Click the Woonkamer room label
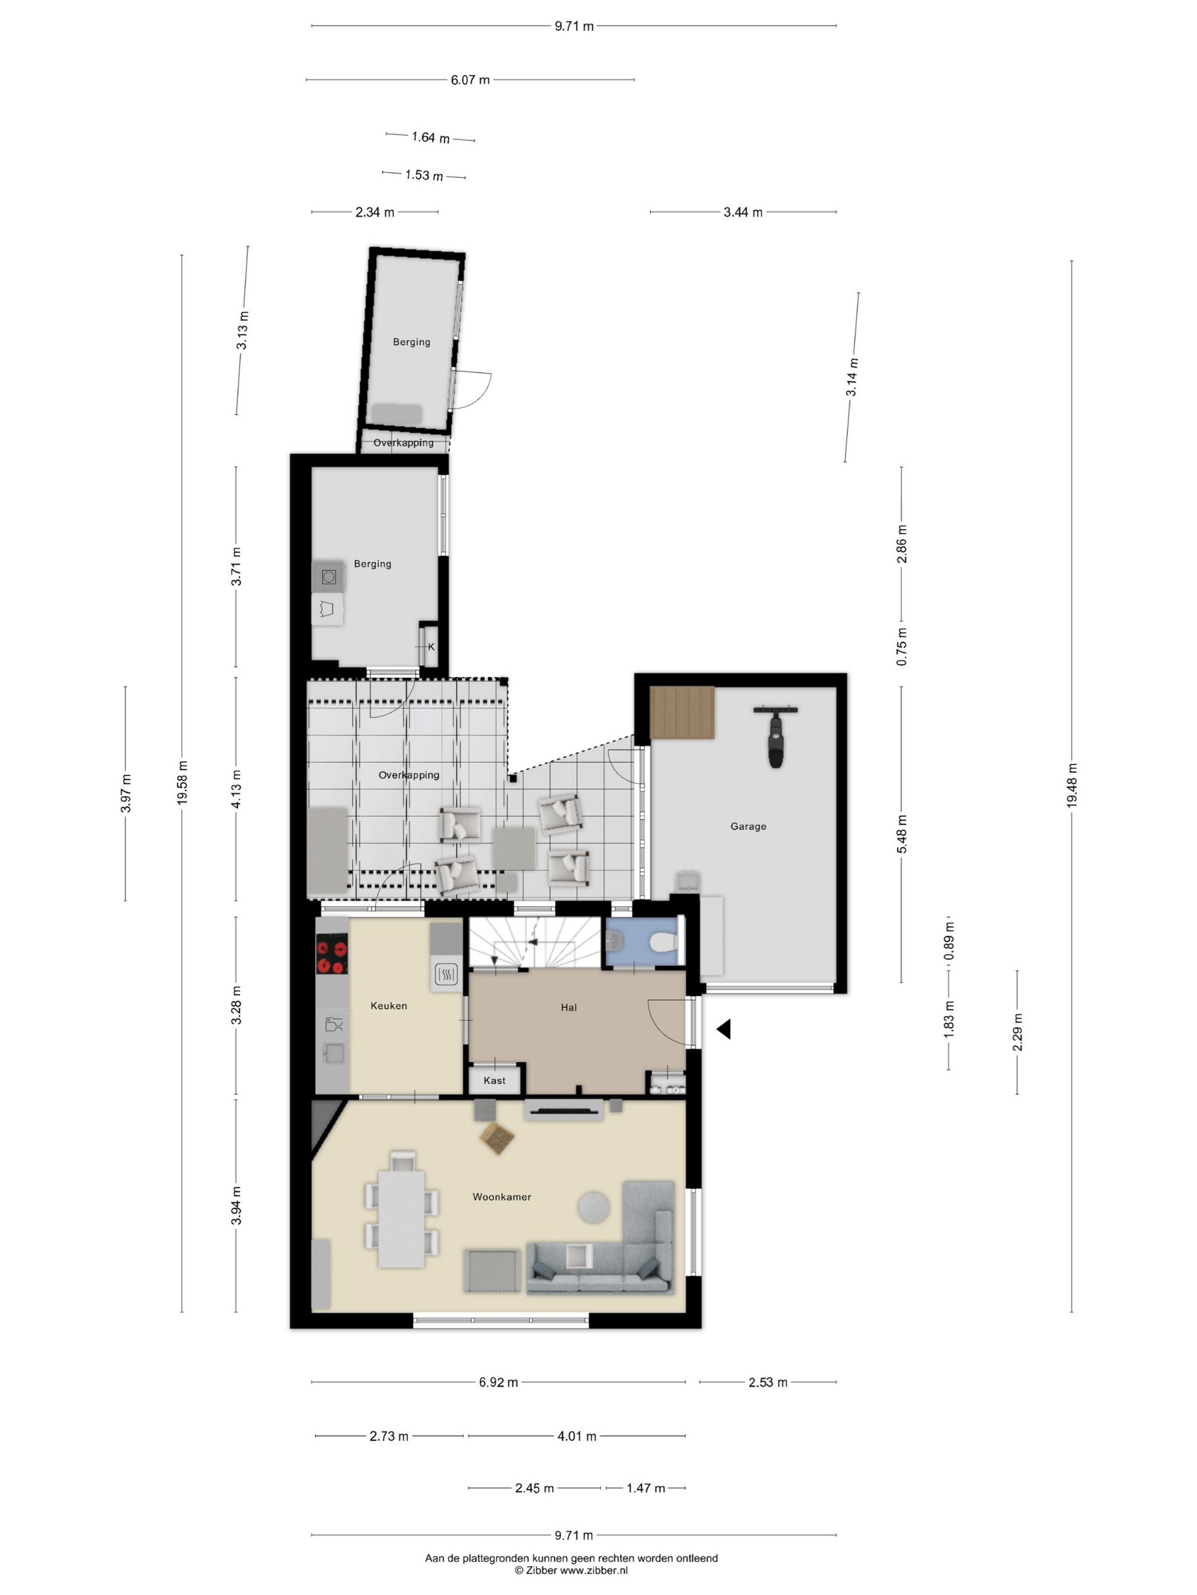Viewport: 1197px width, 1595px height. [x=502, y=1196]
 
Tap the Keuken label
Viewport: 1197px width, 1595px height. [x=389, y=1005]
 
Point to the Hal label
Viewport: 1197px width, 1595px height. [x=568, y=1007]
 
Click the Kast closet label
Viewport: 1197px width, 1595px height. [x=494, y=1080]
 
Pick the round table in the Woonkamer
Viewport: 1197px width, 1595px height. [x=594, y=1207]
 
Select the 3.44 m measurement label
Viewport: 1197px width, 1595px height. [x=743, y=212]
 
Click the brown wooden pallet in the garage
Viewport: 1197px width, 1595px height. [x=682, y=713]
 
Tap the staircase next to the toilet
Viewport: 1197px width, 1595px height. [x=535, y=942]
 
